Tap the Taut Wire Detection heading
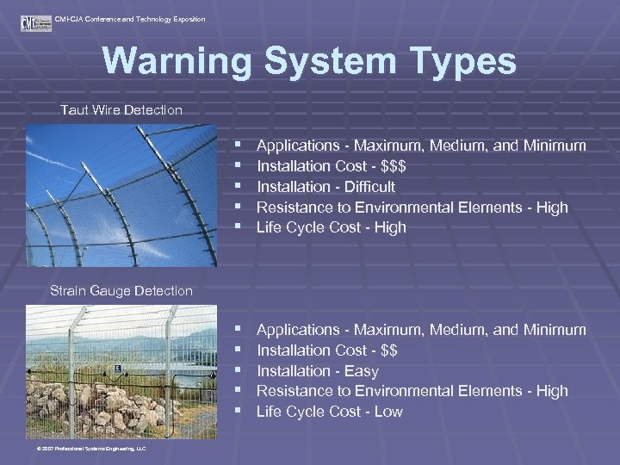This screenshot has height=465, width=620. tap(121, 110)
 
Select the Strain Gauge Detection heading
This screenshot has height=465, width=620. tap(121, 291)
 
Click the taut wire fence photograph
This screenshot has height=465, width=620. tap(121, 195)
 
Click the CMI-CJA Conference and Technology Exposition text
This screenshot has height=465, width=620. tap(129, 19)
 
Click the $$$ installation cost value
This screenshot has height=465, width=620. tap(394, 166)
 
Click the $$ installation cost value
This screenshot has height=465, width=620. tap(388, 350)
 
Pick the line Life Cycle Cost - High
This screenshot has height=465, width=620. tap(331, 228)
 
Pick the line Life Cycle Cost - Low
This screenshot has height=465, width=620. tap(329, 412)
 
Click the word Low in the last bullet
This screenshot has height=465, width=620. tap(388, 412)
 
